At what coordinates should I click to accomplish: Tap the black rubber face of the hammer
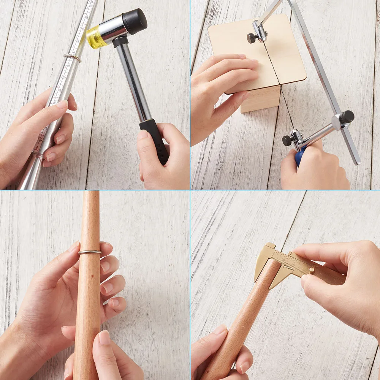point(136,21)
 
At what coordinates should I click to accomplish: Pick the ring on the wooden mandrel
point(90,252)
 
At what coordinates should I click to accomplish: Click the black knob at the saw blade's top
point(251,38)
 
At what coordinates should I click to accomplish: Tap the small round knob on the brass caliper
point(312,270)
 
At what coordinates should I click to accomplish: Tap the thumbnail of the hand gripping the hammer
point(143,134)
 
